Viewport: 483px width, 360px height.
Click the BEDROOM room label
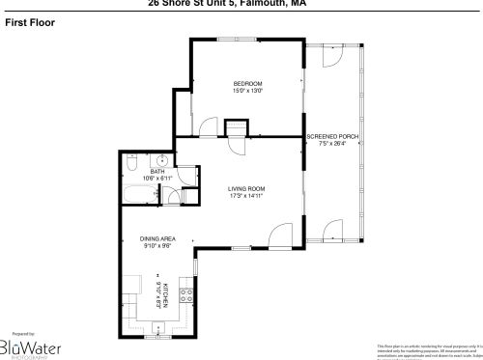[x=247, y=84]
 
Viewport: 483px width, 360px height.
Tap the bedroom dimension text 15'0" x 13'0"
[x=247, y=93]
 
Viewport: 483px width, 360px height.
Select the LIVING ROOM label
[x=246, y=188]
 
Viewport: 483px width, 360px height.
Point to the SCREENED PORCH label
[x=332, y=137]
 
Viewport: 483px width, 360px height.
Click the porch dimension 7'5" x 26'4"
[x=332, y=146]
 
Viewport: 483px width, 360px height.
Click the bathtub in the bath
[x=139, y=196]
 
